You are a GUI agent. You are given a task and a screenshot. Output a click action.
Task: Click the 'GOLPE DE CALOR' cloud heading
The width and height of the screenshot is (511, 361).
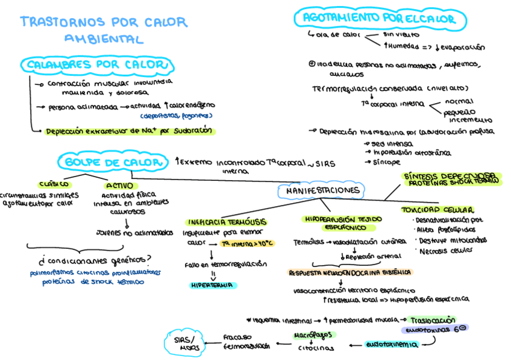[x=113, y=162]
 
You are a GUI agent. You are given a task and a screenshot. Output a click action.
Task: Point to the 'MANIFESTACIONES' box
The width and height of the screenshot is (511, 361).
[x=321, y=191]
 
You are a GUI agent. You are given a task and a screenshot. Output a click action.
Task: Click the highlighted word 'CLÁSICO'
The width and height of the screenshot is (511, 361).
[x=54, y=184]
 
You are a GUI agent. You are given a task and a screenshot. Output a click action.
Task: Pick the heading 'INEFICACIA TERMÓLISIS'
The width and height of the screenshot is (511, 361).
[x=227, y=222]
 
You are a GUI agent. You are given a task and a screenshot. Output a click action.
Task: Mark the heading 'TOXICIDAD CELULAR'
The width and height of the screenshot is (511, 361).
[x=437, y=210]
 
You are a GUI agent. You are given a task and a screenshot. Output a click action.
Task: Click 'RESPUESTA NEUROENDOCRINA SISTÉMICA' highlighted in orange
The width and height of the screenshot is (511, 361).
[x=351, y=272]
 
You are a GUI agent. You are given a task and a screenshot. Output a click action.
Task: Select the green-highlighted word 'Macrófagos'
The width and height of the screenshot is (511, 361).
[x=313, y=334]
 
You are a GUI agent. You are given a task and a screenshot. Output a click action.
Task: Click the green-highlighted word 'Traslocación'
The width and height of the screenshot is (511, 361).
[x=432, y=319]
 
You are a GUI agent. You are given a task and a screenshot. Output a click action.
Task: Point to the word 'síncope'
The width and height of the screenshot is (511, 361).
[x=387, y=162]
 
